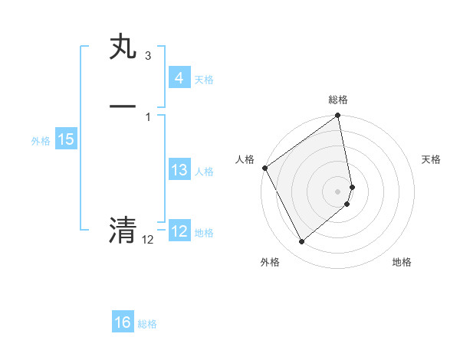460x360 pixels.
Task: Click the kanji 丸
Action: (x=123, y=46)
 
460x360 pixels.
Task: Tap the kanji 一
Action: (x=123, y=105)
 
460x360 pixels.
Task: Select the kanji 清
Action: (x=123, y=229)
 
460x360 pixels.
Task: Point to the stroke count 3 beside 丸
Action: (x=147, y=56)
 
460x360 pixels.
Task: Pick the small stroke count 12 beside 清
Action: (x=147, y=240)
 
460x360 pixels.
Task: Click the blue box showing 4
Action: (x=179, y=77)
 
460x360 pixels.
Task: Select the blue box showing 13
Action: (x=179, y=170)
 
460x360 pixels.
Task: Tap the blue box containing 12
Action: (x=179, y=231)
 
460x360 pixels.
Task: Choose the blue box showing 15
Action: (x=65, y=139)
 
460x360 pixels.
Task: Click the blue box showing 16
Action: (x=123, y=322)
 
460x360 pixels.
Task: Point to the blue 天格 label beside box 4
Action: (x=204, y=79)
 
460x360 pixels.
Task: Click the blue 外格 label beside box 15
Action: (x=41, y=140)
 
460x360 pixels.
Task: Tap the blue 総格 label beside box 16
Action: (x=147, y=324)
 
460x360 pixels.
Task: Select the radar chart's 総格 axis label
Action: (x=338, y=100)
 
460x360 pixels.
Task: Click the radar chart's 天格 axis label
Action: (x=432, y=159)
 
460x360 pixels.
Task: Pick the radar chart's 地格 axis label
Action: (x=402, y=262)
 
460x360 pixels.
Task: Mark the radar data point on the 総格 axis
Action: (x=338, y=116)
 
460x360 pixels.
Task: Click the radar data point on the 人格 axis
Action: (x=264, y=168)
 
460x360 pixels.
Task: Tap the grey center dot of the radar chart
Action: (x=338, y=191)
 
